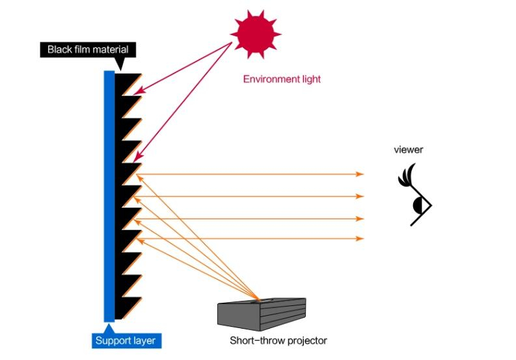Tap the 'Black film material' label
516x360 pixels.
point(87,49)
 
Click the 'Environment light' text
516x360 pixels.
point(282,79)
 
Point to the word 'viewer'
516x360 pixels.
point(408,150)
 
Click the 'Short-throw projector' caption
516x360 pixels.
point(278,340)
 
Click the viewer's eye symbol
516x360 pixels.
point(420,206)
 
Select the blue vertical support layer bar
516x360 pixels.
point(109,195)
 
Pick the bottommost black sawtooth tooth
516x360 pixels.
point(126,307)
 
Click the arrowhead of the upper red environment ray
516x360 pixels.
point(141,92)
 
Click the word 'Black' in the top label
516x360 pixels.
point(59,49)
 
